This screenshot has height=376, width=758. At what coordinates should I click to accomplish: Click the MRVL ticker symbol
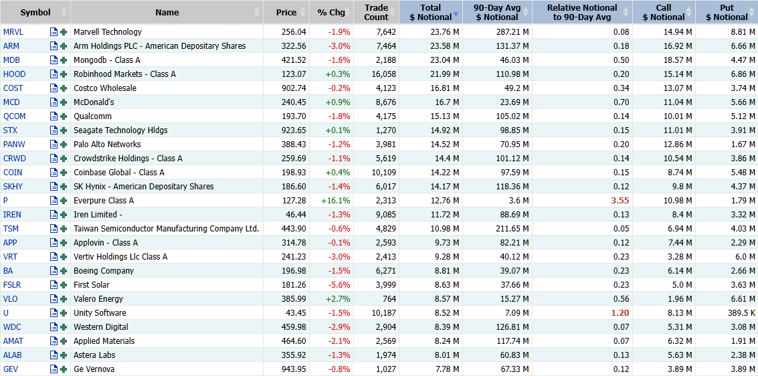tap(13, 32)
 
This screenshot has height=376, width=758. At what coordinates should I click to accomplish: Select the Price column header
tap(286, 13)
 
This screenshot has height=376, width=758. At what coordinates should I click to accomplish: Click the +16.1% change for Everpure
tap(336, 201)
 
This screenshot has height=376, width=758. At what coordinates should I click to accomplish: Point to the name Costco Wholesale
tap(105, 88)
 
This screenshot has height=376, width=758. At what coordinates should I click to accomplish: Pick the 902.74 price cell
tap(294, 88)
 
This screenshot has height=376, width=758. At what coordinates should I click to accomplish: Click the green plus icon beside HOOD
tap(63, 74)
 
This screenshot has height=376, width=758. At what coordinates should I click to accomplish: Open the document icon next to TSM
tap(54, 229)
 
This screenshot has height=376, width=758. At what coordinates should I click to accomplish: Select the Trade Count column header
tap(376, 13)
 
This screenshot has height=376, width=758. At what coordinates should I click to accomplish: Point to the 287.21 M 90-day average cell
tap(512, 32)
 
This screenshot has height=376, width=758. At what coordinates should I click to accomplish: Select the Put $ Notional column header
tap(727, 13)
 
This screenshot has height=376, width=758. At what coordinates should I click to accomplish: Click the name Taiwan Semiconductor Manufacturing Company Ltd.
tap(167, 229)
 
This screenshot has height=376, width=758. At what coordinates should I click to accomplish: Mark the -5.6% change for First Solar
tap(339, 284)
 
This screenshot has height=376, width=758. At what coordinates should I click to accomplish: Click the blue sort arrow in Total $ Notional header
tap(456, 17)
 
